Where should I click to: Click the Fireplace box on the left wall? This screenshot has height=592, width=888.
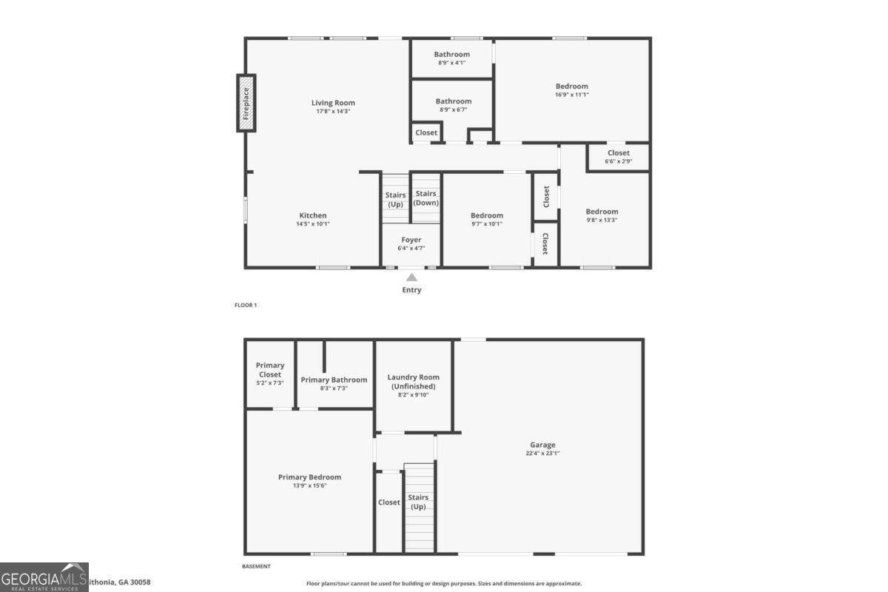[x=246, y=103]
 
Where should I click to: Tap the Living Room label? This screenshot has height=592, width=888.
[x=333, y=103]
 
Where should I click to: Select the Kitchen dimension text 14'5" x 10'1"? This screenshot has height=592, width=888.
[x=313, y=223]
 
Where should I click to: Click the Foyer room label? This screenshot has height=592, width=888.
[x=411, y=240]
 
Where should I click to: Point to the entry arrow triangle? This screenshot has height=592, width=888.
[x=411, y=277]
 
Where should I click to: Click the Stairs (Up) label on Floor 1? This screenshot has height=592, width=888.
[x=396, y=199]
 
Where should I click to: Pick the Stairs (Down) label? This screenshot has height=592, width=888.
[x=426, y=198]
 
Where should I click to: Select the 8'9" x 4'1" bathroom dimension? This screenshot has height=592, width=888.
[x=451, y=63]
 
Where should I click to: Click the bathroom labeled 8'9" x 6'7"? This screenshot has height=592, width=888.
[x=453, y=101]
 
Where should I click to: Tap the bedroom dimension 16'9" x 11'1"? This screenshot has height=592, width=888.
[x=572, y=95]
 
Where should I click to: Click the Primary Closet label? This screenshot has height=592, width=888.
[x=270, y=370]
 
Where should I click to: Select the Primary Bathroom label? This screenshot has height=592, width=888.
[x=334, y=380]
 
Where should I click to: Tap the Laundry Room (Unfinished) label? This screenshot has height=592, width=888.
[x=413, y=382]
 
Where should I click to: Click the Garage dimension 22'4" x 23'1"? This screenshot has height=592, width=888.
[x=542, y=454]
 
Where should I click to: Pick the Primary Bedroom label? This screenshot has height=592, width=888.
[x=309, y=477]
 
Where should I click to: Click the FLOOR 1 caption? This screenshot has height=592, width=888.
[x=245, y=305]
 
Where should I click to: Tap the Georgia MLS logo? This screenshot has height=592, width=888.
[x=44, y=577]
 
